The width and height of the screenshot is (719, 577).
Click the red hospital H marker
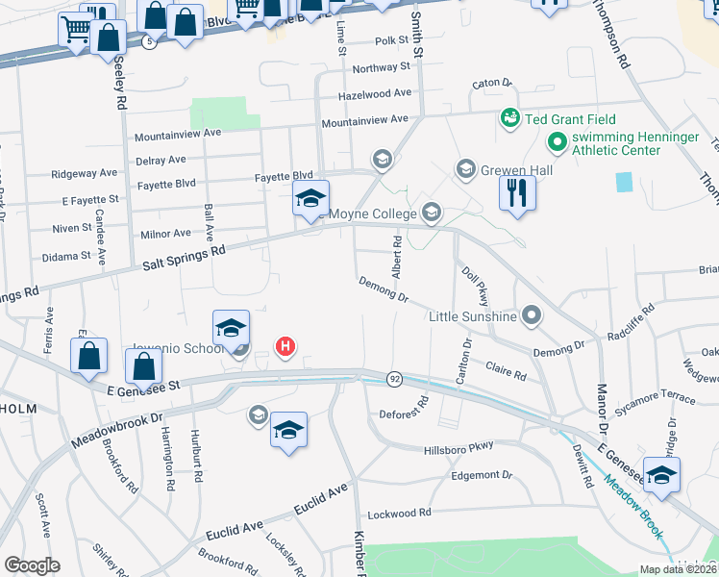coord(285,346)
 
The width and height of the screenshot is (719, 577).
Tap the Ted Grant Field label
coord(572,118)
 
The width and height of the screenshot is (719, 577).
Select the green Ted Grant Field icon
coord(508,118)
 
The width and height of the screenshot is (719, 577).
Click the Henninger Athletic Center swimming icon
coord(556,144)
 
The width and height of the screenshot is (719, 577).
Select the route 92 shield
coord(394,380)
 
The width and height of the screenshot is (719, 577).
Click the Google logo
coord(32,565)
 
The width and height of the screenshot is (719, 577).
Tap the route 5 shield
coord(147,43)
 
